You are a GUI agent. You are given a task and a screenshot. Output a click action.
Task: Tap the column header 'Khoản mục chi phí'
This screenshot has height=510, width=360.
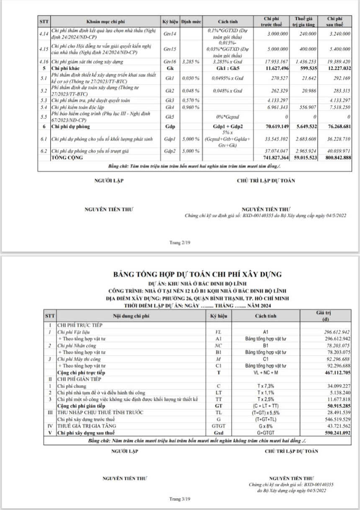tap(105, 21)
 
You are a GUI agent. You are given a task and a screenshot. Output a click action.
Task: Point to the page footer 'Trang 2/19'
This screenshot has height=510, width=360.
tap(180, 242)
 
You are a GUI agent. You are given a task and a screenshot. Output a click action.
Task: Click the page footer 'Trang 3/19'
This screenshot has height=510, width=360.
tap(180, 499)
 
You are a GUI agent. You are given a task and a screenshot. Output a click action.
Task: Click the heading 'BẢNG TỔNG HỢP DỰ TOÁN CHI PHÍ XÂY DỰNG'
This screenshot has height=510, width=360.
tap(198, 274)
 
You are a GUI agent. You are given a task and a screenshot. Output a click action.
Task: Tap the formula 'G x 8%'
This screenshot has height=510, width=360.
tap(265, 426)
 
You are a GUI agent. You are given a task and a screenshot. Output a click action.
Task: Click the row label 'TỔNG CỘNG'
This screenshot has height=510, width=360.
tap(67, 157)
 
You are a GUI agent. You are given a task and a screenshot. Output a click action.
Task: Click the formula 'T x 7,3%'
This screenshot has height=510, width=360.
tap(265, 386)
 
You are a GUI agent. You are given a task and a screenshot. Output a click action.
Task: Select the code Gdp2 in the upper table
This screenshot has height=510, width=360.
tap(170, 151)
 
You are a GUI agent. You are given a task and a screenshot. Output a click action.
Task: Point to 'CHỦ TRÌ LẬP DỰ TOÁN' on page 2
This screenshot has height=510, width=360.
tap(266, 180)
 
